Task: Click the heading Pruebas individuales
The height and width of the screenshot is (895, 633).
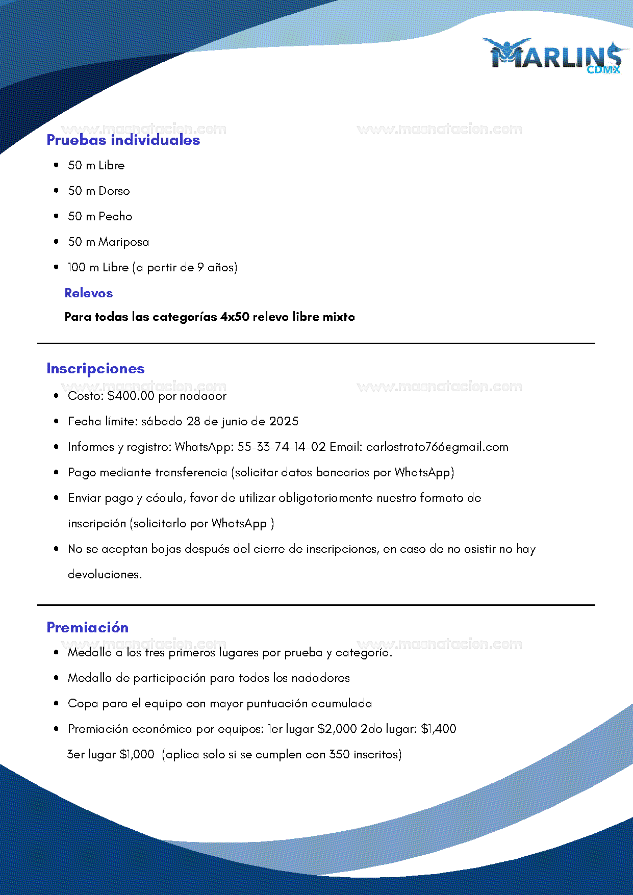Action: tap(123, 140)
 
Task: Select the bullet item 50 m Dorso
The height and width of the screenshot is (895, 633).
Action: tap(98, 191)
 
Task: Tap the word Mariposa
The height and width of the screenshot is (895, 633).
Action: tap(124, 242)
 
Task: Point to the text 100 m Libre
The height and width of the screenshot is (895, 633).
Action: tap(98, 267)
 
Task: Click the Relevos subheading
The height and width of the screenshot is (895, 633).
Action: tap(88, 293)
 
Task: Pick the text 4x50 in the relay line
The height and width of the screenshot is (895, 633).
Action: tap(235, 317)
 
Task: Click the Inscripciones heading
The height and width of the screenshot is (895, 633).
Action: tap(95, 369)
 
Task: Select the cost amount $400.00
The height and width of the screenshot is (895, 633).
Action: tap(131, 396)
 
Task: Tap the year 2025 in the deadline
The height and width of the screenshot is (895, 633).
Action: tap(284, 421)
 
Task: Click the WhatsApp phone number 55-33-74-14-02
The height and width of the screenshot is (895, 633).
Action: tap(282, 447)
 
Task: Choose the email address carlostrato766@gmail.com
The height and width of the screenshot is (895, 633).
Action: tap(437, 447)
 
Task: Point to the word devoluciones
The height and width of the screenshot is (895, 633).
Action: tap(105, 574)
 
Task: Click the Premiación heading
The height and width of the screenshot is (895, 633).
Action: tap(87, 627)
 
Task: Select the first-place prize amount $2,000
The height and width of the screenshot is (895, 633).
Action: tap(337, 729)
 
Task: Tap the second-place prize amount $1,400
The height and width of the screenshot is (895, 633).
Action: tap(438, 729)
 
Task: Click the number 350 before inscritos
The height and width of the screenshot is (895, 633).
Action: tap(339, 754)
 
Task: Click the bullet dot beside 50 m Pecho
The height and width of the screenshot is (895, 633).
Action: tap(56, 216)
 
